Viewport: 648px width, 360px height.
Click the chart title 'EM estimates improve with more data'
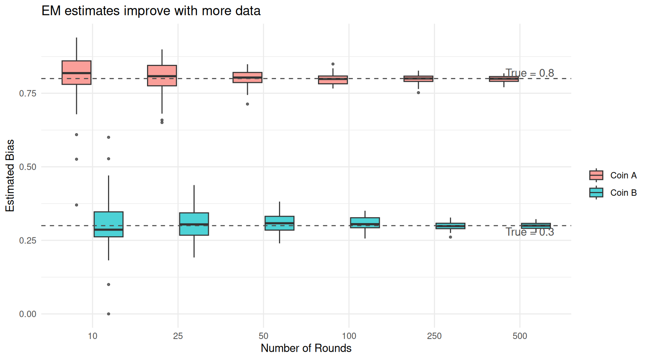(x=151, y=10)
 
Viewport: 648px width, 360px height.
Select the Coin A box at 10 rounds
(x=76, y=72)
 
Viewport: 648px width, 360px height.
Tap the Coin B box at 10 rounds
(x=108, y=224)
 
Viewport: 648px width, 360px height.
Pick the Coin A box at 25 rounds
(x=162, y=75)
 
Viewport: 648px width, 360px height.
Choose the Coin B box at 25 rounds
(x=194, y=224)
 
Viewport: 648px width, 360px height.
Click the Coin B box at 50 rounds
(x=279, y=223)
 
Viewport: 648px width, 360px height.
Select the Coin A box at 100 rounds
(x=333, y=79)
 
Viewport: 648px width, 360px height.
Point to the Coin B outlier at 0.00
(x=109, y=314)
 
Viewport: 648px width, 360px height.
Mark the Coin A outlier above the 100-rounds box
(x=333, y=64)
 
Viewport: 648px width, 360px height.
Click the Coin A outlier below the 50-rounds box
(x=247, y=104)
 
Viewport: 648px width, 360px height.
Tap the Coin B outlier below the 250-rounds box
(x=450, y=237)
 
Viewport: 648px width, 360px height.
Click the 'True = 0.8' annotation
(x=529, y=73)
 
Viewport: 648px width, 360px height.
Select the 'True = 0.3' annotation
(x=529, y=232)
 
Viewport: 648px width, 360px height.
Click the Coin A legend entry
(x=613, y=175)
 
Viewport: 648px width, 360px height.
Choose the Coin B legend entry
(x=613, y=192)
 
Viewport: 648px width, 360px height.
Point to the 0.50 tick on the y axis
(x=28, y=167)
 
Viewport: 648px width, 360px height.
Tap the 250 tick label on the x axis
(x=434, y=336)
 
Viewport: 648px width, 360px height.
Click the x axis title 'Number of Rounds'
(x=306, y=348)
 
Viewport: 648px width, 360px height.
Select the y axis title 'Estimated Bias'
(x=10, y=175)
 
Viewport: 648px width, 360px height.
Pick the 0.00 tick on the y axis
(x=28, y=314)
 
